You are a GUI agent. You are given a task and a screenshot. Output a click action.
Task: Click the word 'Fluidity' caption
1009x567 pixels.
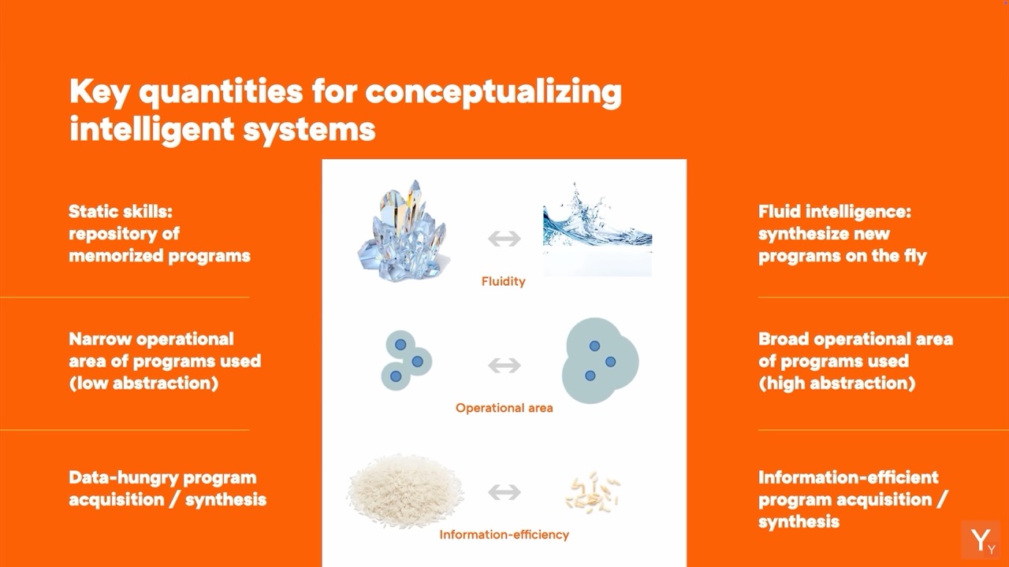[x=503, y=282]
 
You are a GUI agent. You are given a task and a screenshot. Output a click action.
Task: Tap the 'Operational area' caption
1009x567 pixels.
[x=504, y=408]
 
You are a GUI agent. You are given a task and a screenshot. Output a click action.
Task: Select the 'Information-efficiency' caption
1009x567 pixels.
[x=504, y=535]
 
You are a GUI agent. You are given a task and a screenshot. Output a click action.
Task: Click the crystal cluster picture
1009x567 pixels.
[x=402, y=232]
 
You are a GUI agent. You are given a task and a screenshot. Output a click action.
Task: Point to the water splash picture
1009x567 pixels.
[x=598, y=229]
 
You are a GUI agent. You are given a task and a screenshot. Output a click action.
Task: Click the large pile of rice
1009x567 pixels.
[x=405, y=491]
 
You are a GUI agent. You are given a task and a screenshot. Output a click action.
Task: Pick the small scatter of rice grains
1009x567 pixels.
[x=592, y=492]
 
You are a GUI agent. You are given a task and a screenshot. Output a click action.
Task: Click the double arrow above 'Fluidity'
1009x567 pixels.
[x=504, y=239]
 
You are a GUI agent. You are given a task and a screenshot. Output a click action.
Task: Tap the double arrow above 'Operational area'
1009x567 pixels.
[x=504, y=365]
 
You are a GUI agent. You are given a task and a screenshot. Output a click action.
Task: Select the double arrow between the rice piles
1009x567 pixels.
[x=504, y=492]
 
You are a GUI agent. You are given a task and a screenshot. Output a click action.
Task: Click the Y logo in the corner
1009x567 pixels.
[x=981, y=539]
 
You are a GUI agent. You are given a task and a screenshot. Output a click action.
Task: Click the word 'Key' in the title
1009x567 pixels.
[x=99, y=92]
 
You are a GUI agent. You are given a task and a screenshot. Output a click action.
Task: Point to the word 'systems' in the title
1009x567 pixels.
[x=310, y=130]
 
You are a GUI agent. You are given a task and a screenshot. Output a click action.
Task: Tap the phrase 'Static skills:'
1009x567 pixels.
[x=121, y=212]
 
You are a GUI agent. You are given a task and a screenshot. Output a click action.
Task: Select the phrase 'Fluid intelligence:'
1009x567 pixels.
[x=835, y=212]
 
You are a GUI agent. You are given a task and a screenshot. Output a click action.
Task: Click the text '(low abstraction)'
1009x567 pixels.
[x=143, y=384]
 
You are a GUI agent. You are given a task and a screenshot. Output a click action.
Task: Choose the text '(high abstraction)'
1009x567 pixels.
[x=837, y=384]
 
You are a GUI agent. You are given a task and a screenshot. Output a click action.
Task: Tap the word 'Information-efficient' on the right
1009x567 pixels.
[x=849, y=477]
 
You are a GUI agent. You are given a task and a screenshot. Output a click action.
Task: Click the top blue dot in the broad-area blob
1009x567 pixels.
[x=594, y=346]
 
